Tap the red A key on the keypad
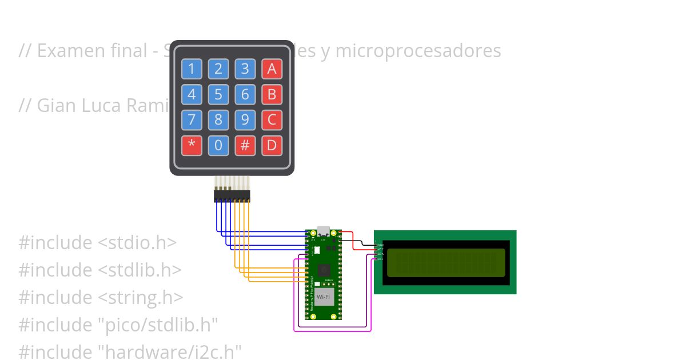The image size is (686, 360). coord(272,69)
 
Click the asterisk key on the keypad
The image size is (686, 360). coord(192,145)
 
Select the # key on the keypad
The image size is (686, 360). coord(245,145)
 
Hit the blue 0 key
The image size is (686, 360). coord(218,145)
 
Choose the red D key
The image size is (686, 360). coord(272,145)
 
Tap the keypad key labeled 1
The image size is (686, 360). coord(192,69)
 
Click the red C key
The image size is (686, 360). coord(272,120)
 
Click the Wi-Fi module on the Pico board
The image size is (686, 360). coord(323,297)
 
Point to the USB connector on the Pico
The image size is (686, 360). coord(323,231)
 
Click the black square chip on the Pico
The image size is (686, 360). coord(324,269)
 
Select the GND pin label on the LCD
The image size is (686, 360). coord(380,245)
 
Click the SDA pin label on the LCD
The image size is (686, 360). coord(380,254)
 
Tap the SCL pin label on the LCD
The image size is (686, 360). coord(380,259)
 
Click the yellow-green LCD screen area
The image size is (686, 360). coord(444,262)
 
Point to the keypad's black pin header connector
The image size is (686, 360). coord(232,196)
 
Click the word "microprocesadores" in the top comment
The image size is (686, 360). coord(418,51)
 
